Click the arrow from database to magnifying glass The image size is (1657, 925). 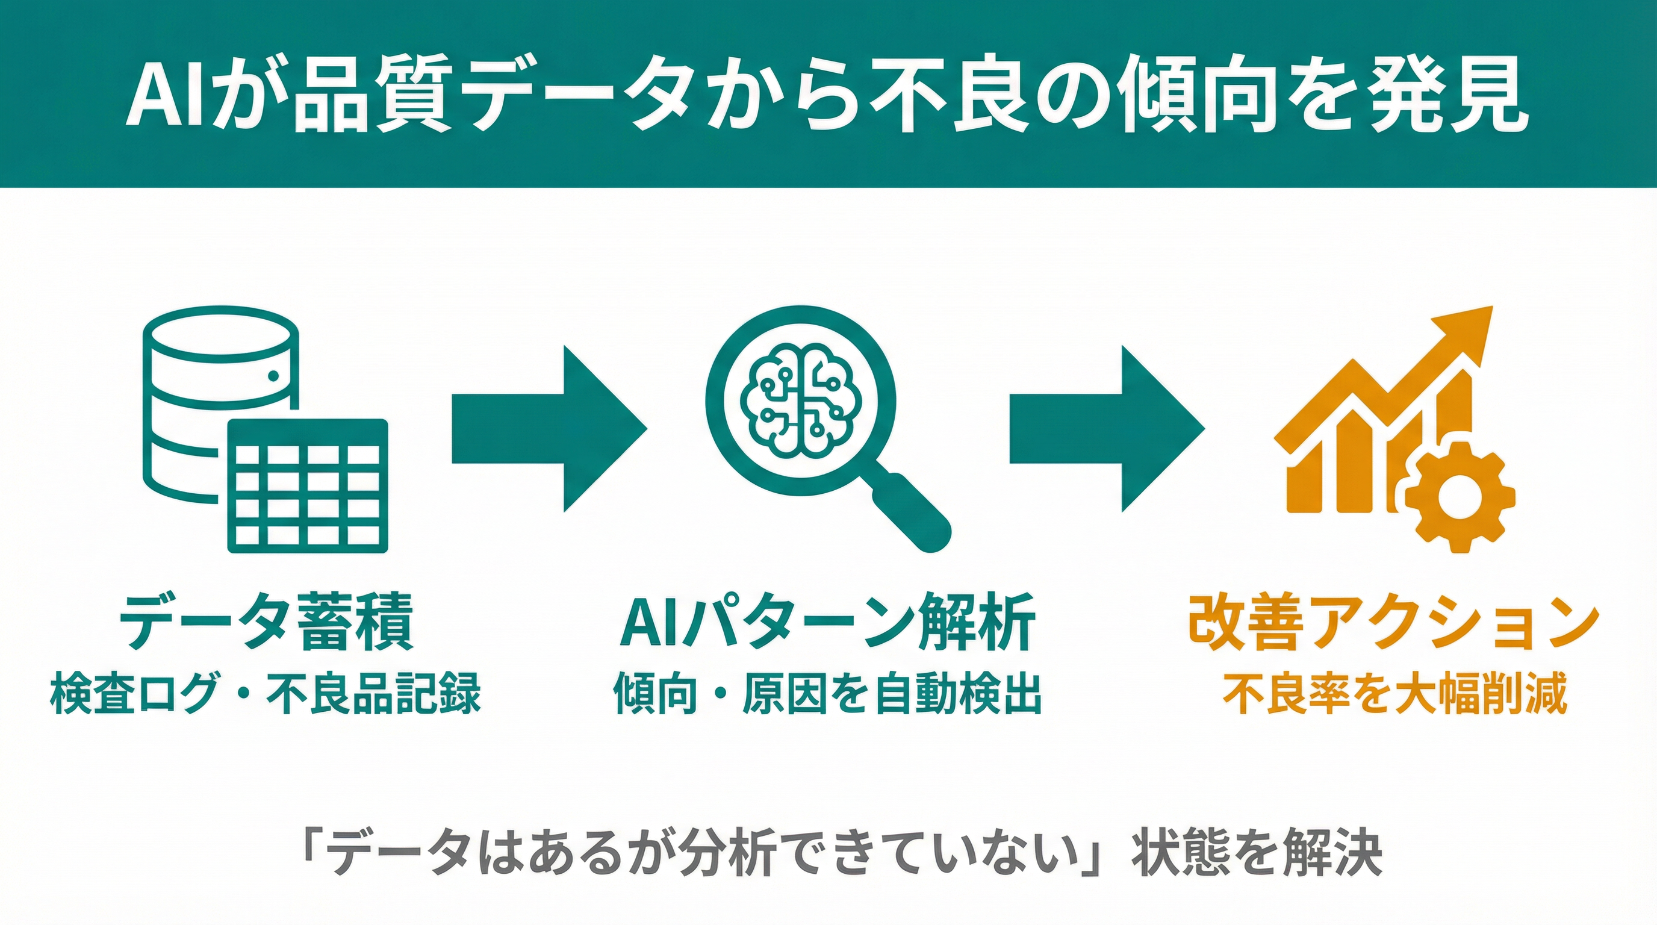[x=547, y=429]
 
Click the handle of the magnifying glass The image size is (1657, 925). [x=913, y=512]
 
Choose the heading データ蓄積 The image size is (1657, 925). [x=265, y=623]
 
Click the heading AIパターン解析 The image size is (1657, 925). [x=827, y=623]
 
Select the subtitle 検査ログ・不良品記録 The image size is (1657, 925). [x=265, y=693]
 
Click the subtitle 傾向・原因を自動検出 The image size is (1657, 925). [x=827, y=693]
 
